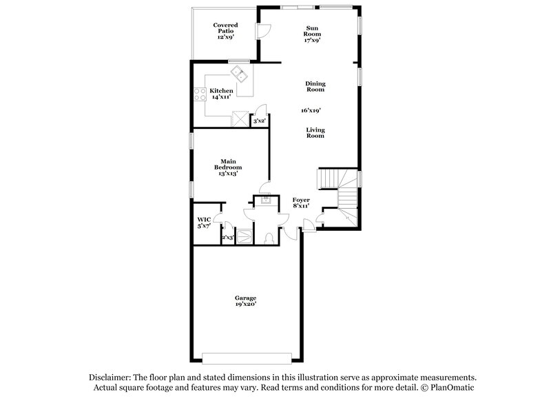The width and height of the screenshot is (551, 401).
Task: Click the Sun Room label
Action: click(x=313, y=34)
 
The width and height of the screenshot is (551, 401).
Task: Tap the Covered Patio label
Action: click(x=225, y=31)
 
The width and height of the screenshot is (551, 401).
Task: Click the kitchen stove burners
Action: click(x=200, y=94)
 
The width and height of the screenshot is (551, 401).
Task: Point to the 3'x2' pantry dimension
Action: click(x=259, y=121)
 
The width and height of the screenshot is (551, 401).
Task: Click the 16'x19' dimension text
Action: click(x=311, y=110)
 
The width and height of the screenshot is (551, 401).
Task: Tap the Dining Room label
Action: click(x=315, y=87)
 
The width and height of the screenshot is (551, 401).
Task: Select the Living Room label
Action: click(x=315, y=133)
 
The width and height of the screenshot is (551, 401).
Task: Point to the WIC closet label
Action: click(x=204, y=223)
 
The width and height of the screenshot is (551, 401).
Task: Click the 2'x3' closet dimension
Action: click(x=228, y=238)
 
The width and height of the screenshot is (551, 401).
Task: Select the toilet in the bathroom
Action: click(x=271, y=238)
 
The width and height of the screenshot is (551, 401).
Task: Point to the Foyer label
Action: click(x=302, y=202)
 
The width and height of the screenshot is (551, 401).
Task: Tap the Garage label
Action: click(x=245, y=301)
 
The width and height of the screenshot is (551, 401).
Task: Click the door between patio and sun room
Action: click(x=261, y=30)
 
